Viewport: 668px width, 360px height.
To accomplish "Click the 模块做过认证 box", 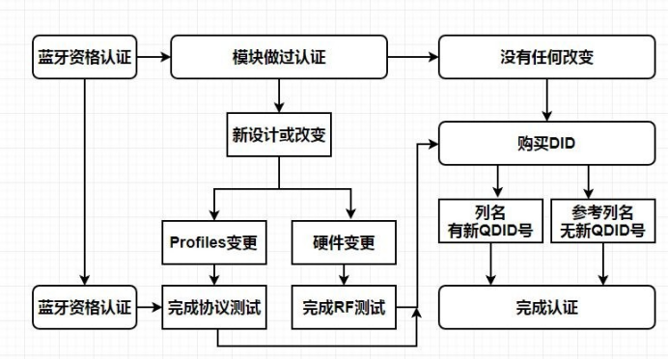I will [x=279, y=57].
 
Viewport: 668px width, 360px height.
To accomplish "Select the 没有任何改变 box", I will [x=547, y=57].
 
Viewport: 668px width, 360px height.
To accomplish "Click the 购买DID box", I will [x=547, y=144].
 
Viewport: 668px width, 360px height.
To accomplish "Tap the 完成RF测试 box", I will [x=345, y=308].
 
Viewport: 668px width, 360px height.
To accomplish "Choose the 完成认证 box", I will [x=547, y=308].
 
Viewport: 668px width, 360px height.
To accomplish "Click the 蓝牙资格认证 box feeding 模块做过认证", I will [x=84, y=57].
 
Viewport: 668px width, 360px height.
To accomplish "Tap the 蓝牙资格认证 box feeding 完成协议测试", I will [x=84, y=308].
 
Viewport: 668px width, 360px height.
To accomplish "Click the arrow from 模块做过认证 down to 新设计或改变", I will [x=279, y=95].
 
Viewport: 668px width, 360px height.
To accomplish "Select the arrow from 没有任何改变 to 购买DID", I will [x=547, y=100].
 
